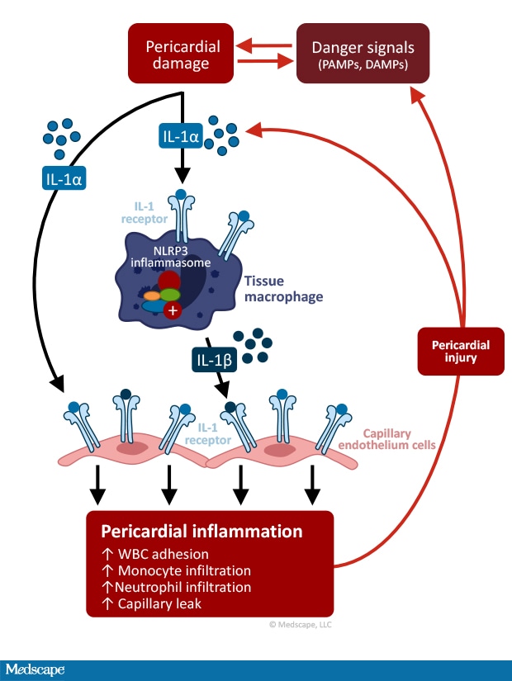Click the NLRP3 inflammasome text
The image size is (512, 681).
(x=175, y=256)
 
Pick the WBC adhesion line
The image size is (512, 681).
(x=154, y=554)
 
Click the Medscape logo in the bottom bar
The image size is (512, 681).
(x=35, y=669)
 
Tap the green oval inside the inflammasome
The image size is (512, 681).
(x=169, y=295)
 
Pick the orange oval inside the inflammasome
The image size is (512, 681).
(x=151, y=296)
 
